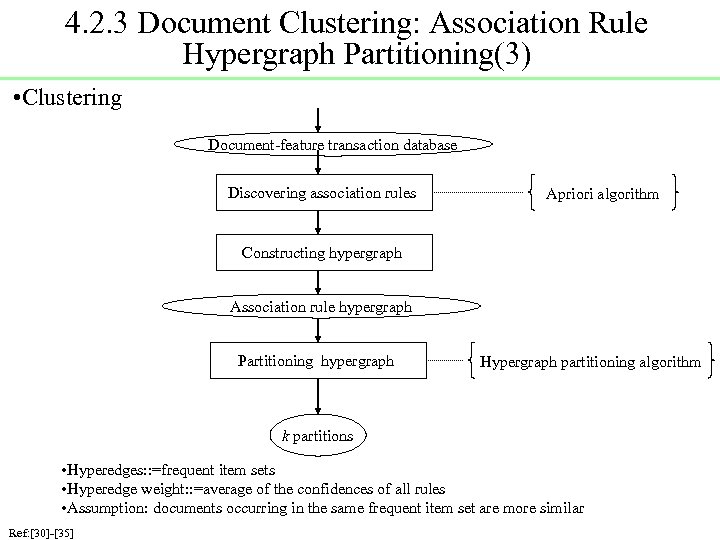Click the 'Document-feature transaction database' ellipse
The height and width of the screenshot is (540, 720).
332,145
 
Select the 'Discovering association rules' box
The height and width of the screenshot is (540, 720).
321,193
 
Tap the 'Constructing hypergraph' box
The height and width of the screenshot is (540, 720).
322,253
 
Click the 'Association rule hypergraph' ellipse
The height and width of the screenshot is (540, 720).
321,307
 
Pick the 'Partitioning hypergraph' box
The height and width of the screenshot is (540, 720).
316,361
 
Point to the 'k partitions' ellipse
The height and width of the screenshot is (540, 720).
317,436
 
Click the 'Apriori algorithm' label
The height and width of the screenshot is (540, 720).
602,194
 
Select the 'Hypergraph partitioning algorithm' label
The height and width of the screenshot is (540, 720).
591,362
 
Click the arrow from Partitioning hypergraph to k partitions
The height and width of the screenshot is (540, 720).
317,400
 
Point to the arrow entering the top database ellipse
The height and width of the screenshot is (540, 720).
318,120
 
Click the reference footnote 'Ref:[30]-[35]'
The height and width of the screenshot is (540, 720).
40,531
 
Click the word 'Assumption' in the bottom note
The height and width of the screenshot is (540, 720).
109,508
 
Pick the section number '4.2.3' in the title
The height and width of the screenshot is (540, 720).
97,22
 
